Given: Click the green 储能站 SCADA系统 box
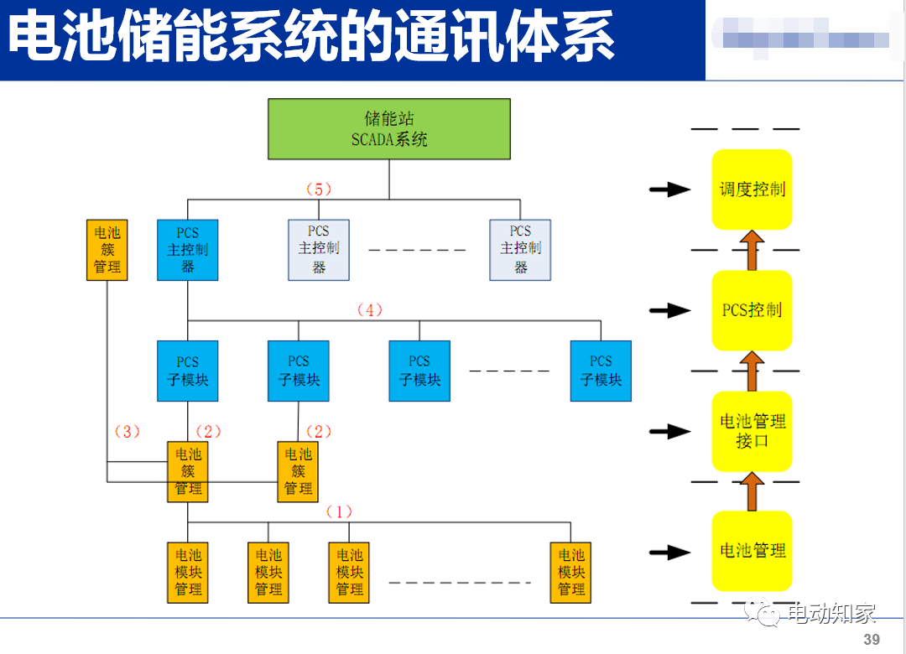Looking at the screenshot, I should (389, 129).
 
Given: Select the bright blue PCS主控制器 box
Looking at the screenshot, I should (187, 250).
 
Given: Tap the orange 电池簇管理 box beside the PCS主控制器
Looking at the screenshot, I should (107, 250).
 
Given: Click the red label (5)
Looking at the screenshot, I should (319, 189).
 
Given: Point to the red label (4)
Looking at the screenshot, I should (369, 310).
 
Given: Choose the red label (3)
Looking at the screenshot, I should (127, 432).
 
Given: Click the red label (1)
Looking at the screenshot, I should (339, 511).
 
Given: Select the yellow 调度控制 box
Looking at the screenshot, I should (752, 189).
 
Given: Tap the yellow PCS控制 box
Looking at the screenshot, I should (752, 310).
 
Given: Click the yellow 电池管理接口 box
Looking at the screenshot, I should (752, 431).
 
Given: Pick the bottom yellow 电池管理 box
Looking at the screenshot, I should (752, 551).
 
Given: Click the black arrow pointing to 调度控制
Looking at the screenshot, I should (669, 190).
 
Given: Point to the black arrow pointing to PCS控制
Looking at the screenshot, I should (669, 311).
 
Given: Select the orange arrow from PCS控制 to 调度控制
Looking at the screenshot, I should (752, 250).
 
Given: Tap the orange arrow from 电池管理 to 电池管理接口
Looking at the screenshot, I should (752, 491).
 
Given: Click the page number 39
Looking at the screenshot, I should (872, 640).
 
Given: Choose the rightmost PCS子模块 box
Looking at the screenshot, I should (601, 371).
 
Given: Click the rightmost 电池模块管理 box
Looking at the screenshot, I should (571, 572).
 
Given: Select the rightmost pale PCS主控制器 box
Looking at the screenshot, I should (520, 250).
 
